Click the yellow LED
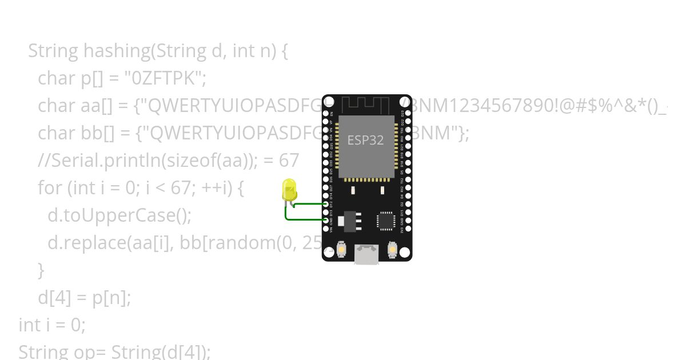pyautogui.click(x=289, y=189)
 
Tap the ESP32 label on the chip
pyautogui.click(x=365, y=140)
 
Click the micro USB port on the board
pyautogui.click(x=366, y=255)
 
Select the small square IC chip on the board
pyautogui.click(x=386, y=221)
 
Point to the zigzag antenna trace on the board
pyautogui.click(x=366, y=105)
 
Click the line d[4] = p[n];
pyautogui.click(x=84, y=298)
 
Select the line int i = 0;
pyautogui.click(x=52, y=325)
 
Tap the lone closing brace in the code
pyautogui.click(x=41, y=270)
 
